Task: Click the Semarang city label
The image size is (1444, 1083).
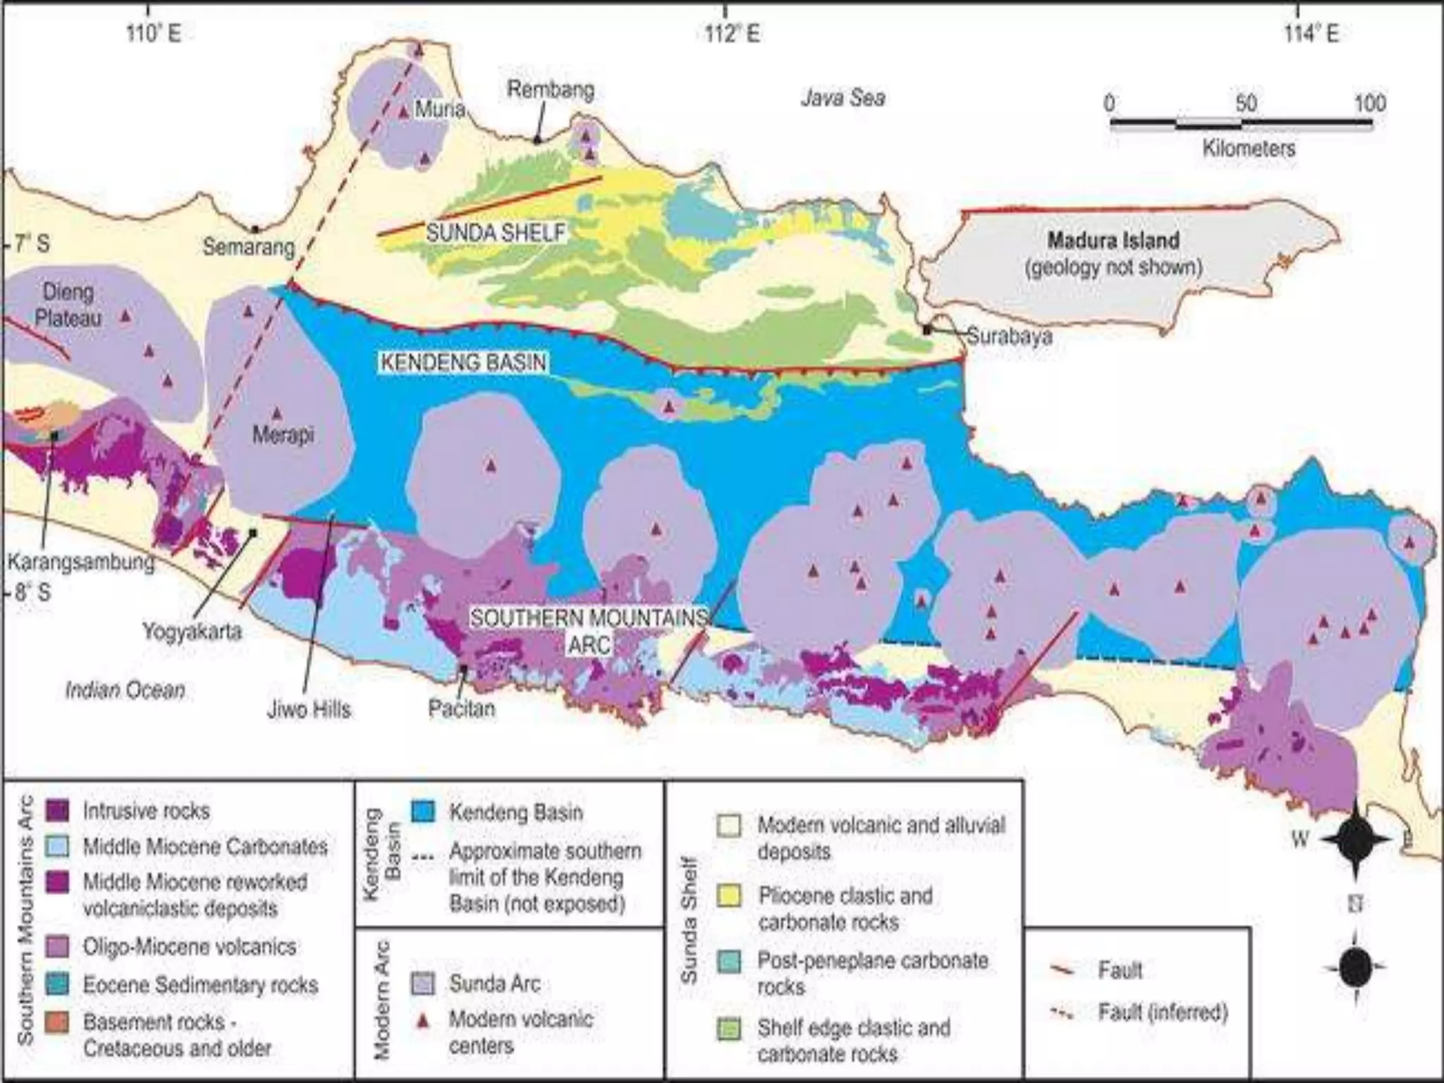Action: click(248, 247)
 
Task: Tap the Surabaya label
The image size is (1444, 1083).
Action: click(1009, 336)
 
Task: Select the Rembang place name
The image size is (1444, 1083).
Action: click(551, 90)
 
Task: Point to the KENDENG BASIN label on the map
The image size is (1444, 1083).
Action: click(463, 363)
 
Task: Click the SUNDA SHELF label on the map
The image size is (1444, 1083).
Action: click(496, 233)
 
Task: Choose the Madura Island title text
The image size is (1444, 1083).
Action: click(1113, 240)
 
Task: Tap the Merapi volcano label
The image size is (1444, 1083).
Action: click(283, 435)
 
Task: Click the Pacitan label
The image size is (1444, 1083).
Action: click(461, 708)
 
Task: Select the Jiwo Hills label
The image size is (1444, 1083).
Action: click(308, 709)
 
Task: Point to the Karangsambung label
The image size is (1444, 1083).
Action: click(80, 563)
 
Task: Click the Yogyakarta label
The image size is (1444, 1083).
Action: click(192, 631)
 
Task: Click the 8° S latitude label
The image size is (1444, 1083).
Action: click(32, 592)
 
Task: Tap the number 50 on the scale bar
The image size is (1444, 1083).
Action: click(1245, 104)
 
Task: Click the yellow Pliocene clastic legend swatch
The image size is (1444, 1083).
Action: click(729, 896)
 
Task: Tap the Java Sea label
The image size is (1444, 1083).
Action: click(843, 98)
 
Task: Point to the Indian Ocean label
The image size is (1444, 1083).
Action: click(125, 690)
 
